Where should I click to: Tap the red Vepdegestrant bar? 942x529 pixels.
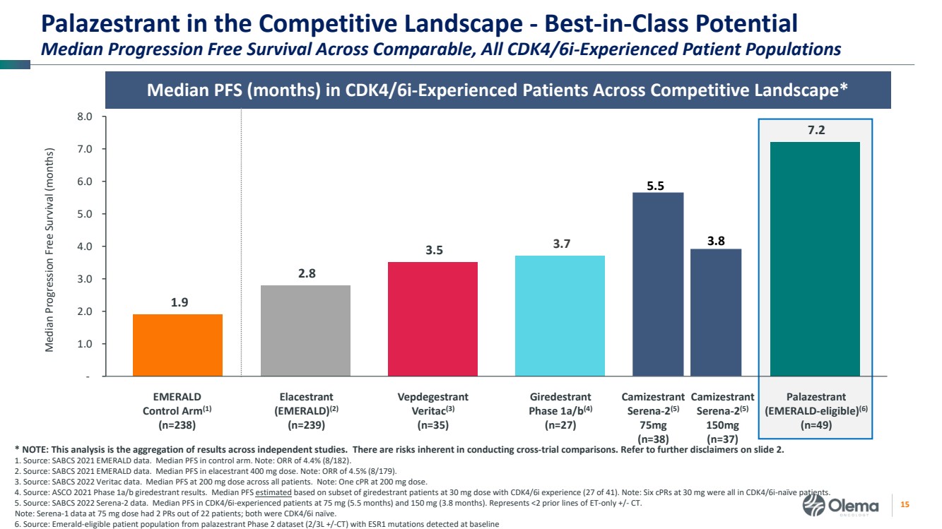click(x=432, y=319)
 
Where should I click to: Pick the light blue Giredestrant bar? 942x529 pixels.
click(x=560, y=315)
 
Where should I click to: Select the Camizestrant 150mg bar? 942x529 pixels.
click(x=716, y=312)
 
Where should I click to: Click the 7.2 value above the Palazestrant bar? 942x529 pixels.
click(x=815, y=131)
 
